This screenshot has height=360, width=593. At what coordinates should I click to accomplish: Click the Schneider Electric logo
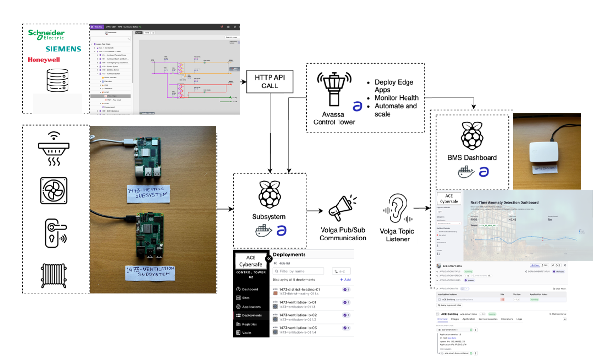(x=46, y=34)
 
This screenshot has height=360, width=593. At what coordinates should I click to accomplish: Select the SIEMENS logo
(x=63, y=49)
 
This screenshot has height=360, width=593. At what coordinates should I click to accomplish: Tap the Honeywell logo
(x=44, y=60)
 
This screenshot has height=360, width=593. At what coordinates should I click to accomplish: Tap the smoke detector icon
(x=56, y=149)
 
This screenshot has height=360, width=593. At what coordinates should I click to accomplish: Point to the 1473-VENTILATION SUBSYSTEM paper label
(x=150, y=273)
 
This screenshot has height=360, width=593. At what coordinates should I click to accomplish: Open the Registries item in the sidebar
(x=250, y=324)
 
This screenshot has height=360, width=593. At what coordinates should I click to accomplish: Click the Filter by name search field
(x=299, y=271)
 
